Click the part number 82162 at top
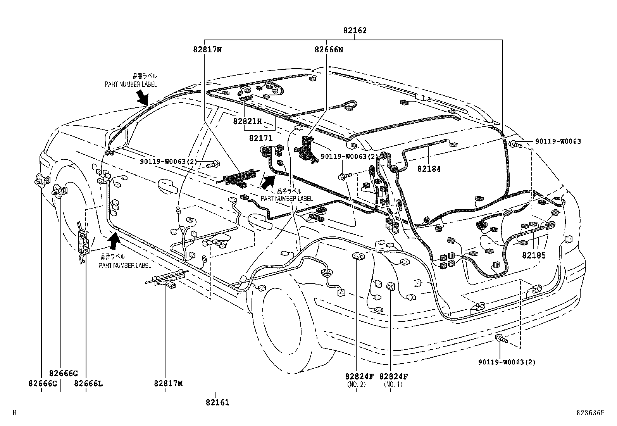pos(354,30)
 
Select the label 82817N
pos(208,50)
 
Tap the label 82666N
pos(329,50)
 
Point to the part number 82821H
pos(247,121)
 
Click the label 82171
pos(260,138)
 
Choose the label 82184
pos(429,169)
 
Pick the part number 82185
pos(534,255)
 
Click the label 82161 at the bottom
pos(217,402)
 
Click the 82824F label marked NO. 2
pos(359,376)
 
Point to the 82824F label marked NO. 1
pos(393,376)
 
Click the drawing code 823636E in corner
pos(589,413)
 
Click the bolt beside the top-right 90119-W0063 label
pos(516,145)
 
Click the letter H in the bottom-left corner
pos(14,413)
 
